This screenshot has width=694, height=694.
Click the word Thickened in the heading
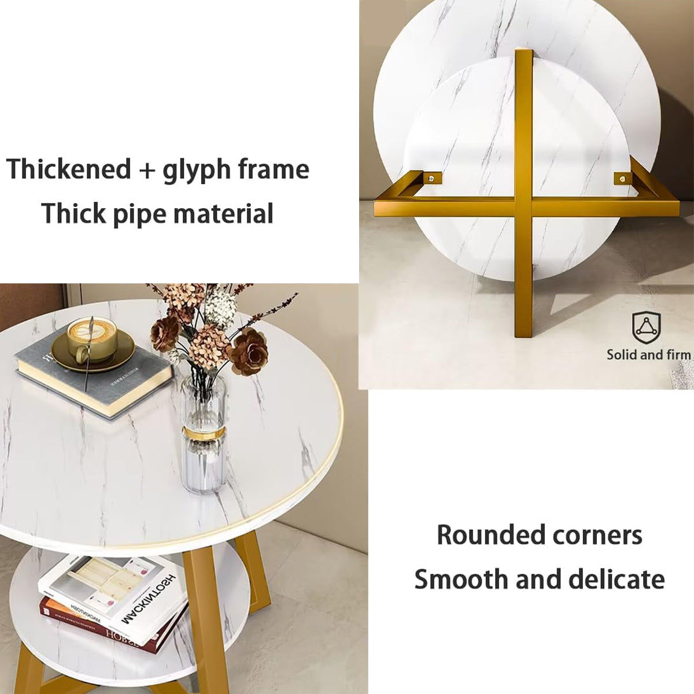pyautogui.click(x=69, y=169)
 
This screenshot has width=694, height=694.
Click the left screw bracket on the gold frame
pyautogui.click(x=431, y=178)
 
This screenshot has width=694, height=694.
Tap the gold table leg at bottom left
pyautogui.click(x=23, y=665)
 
